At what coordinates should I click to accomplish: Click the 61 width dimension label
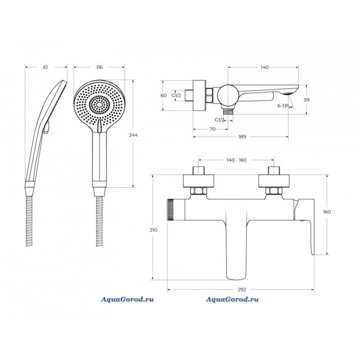point(45,67)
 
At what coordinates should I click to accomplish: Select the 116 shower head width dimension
point(99,67)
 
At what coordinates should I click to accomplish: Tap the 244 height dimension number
point(133,135)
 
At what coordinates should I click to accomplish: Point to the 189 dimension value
point(242,137)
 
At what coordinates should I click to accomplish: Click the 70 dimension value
point(212,129)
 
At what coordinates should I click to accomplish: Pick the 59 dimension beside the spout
point(307,100)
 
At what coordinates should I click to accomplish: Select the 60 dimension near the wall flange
point(164,95)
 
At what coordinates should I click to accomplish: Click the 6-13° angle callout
point(283,106)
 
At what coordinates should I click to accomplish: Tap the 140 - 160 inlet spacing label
point(236,160)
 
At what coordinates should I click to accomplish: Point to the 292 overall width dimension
point(242,290)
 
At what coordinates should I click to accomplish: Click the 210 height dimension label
point(153,230)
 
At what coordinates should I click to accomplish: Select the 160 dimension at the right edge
point(327,212)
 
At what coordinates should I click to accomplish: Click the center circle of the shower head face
point(99,105)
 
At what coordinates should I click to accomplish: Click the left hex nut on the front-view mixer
point(199,191)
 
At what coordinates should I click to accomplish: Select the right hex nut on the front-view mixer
point(274,191)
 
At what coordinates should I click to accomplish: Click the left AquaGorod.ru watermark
point(128,299)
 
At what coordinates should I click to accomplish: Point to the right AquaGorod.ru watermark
point(232,299)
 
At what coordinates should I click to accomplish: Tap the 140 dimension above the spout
point(264,67)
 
